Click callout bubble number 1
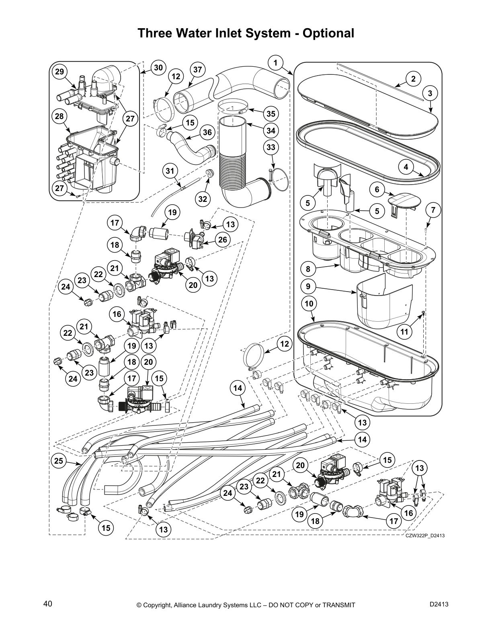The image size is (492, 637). click(x=275, y=63)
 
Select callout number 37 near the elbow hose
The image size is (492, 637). click(x=197, y=70)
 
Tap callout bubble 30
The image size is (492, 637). click(x=159, y=68)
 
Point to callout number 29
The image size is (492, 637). click(x=59, y=72)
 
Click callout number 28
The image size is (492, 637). click(x=59, y=116)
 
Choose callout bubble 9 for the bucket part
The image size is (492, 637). click(x=308, y=286)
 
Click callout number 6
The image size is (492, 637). click(x=377, y=190)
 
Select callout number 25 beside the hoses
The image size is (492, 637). click(x=59, y=461)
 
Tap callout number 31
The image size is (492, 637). click(x=170, y=171)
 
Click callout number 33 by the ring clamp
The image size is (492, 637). click(x=271, y=147)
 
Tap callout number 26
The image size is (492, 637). click(x=222, y=240)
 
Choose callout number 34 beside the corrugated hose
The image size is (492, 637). click(x=271, y=131)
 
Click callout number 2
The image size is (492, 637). click(x=413, y=79)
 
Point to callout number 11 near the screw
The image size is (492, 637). click(x=405, y=331)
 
